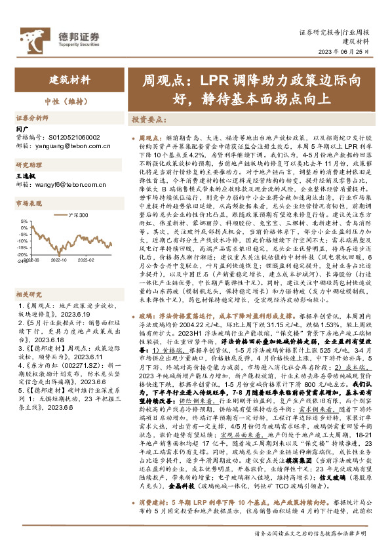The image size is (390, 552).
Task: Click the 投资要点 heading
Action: (x=148, y=121)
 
